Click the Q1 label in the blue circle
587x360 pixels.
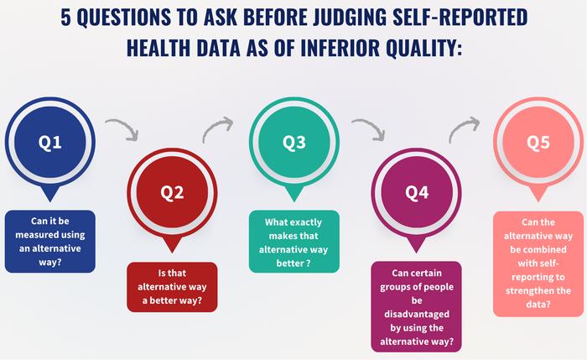(50, 142)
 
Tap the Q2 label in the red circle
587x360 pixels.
(172, 192)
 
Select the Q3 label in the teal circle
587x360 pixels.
(293, 143)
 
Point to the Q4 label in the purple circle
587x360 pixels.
(417, 192)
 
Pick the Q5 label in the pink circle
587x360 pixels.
(538, 142)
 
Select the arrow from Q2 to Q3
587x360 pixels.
(216, 130)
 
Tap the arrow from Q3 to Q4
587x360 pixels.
(366, 129)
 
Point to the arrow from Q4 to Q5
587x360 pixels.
(464, 130)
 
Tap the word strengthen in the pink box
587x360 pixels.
(538, 290)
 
